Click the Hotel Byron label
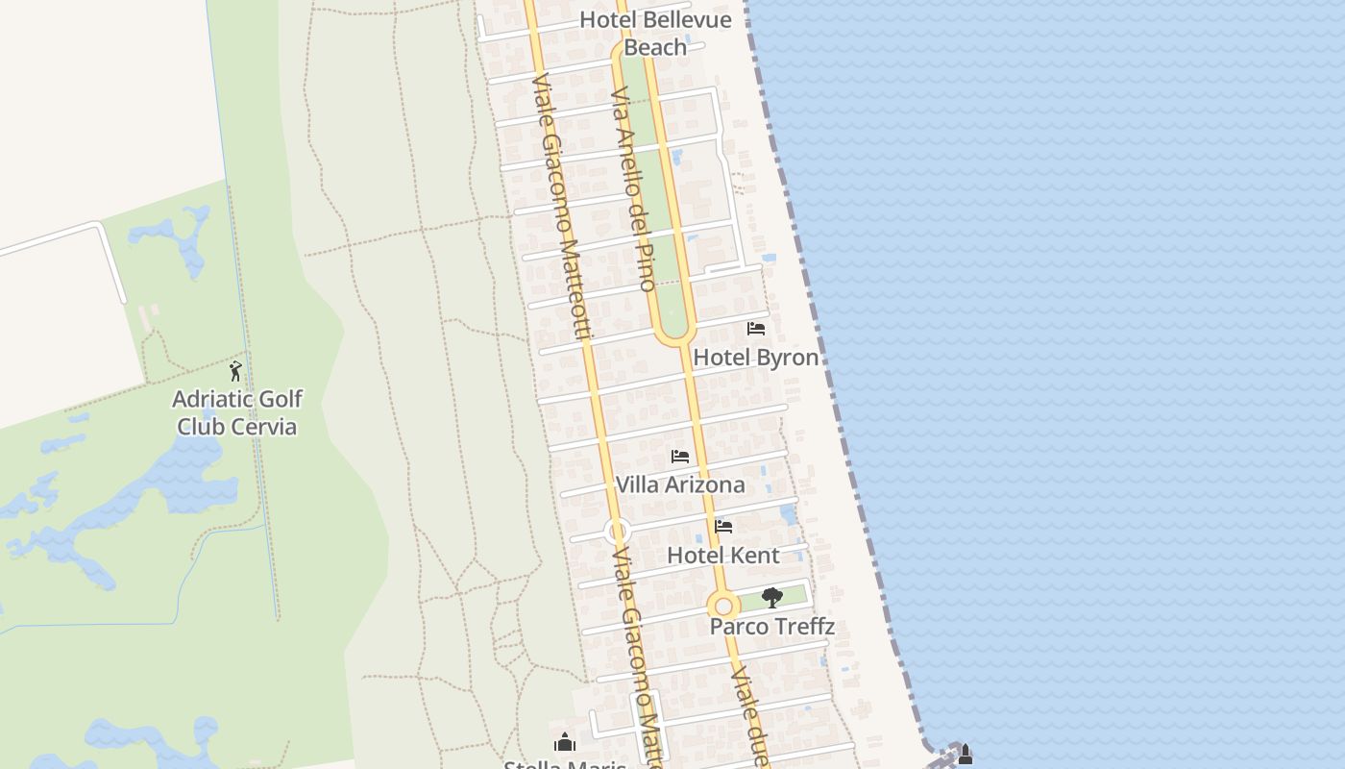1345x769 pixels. (756, 358)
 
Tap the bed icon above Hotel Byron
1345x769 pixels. (756, 329)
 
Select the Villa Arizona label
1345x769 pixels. (680, 484)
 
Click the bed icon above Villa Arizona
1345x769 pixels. (680, 457)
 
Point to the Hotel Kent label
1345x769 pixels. (723, 555)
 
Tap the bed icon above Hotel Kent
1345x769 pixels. (723, 527)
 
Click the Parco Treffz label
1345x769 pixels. (771, 627)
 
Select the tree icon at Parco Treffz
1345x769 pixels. (771, 598)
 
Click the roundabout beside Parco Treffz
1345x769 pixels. (723, 607)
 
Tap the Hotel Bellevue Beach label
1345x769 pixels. (656, 33)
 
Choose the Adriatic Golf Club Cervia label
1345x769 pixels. (237, 412)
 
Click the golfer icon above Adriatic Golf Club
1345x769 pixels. (235, 371)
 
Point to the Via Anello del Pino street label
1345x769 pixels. (633, 188)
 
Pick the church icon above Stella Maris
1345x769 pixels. (565, 742)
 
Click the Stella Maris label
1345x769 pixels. (565, 764)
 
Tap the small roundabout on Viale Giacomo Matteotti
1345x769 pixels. (617, 531)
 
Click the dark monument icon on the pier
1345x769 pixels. (966, 756)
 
